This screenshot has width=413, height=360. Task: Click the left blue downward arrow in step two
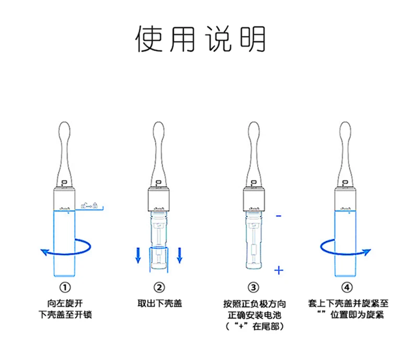tap(139, 256)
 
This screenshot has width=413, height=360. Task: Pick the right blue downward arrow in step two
tap(180, 256)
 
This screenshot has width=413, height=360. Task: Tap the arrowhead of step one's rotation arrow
tap(45, 252)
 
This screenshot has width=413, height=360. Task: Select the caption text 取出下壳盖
tap(159, 303)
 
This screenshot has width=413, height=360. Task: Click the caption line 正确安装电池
tap(254, 315)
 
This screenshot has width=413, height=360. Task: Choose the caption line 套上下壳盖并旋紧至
tap(347, 303)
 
